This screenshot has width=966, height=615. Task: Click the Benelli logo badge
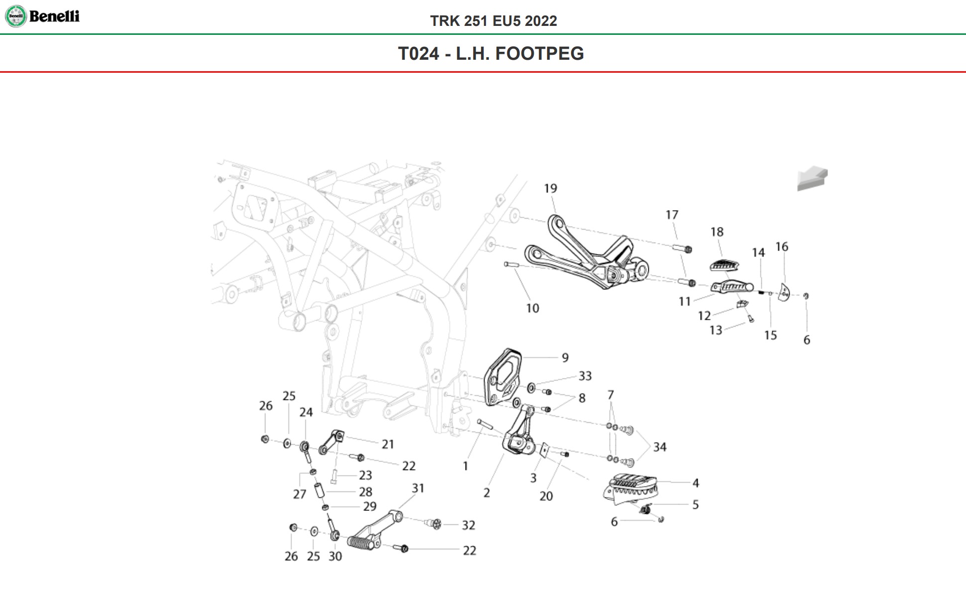[15, 16]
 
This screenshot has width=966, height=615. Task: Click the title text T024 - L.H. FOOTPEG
[490, 54]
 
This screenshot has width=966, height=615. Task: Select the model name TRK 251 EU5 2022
[493, 21]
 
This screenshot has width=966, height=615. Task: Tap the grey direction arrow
[812, 179]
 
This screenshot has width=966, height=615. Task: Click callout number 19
[550, 189]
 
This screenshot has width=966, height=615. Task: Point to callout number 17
[672, 215]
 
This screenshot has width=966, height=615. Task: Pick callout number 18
[717, 232]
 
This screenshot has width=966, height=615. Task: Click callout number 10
[532, 309]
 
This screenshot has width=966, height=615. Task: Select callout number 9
[565, 358]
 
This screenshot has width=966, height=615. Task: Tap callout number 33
[585, 376]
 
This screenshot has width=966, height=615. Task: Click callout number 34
[660, 447]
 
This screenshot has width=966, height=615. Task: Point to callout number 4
[696, 483]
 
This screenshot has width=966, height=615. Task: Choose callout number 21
[388, 444]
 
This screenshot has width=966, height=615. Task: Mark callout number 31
[418, 489]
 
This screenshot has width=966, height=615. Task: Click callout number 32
[469, 525]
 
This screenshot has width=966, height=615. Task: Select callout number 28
[365, 492]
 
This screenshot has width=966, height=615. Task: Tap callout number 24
[306, 412]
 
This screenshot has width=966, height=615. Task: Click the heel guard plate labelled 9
[503, 376]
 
